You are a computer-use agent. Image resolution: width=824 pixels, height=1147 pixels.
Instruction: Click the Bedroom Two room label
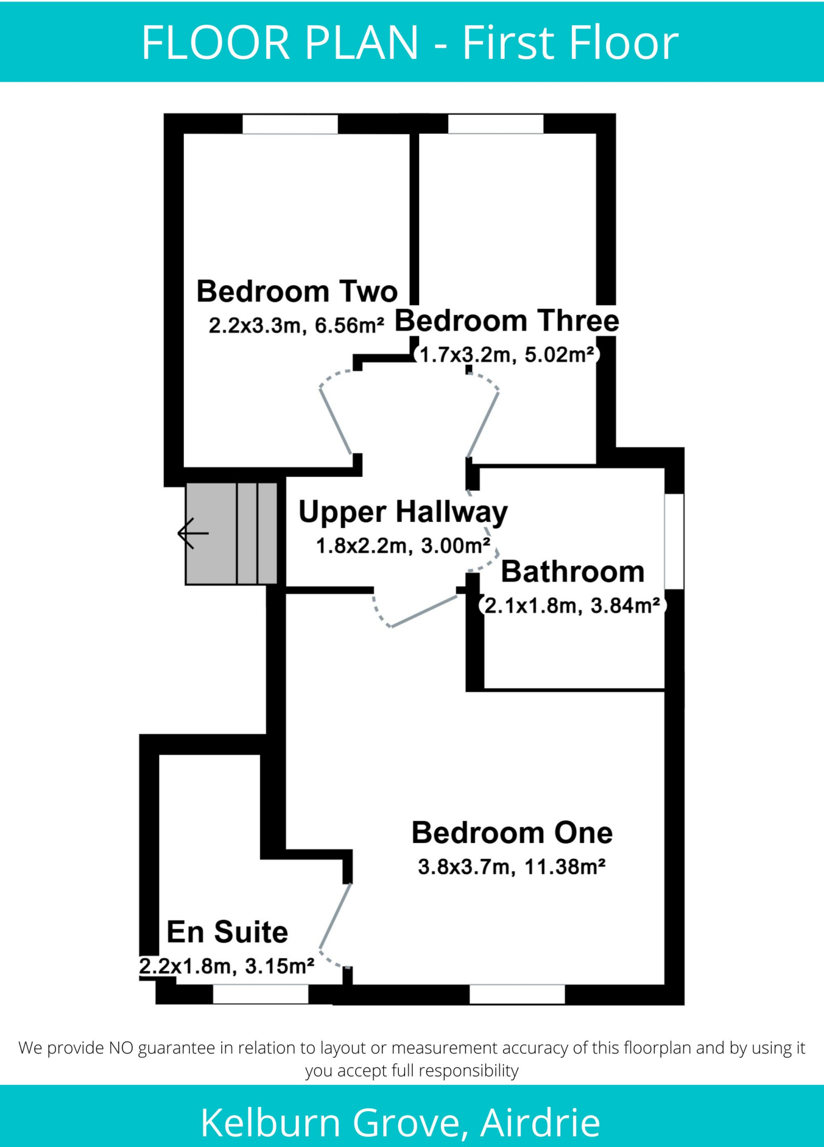[297, 292]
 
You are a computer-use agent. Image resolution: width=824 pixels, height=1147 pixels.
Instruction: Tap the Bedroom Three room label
[507, 321]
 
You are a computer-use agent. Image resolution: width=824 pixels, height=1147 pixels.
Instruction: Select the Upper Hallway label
[403, 512]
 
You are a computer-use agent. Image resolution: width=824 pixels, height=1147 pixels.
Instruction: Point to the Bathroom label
[572, 572]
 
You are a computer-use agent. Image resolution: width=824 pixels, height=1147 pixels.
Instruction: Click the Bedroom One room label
[512, 833]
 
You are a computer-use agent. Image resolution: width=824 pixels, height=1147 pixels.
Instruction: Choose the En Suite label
[227, 932]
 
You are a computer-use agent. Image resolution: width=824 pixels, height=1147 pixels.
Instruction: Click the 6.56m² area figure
[350, 325]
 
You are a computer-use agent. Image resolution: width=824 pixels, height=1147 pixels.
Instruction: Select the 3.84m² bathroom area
[625, 606]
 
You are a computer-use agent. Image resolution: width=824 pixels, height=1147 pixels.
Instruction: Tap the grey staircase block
[231, 534]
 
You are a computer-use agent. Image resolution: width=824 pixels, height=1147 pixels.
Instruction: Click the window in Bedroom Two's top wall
[290, 124]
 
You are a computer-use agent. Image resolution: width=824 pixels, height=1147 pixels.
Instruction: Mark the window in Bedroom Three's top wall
[496, 124]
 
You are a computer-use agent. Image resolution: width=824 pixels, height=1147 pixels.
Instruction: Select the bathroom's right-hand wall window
[674, 541]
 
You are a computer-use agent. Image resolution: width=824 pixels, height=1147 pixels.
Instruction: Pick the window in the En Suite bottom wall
[260, 994]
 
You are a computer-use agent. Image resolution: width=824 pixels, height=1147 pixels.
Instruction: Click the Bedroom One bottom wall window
[517, 994]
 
